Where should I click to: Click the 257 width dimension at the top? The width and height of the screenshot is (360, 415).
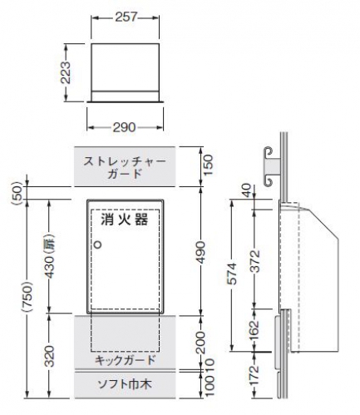click(126, 17)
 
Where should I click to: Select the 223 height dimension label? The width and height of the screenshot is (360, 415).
click(66, 72)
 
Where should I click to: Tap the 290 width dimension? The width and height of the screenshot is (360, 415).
click(125, 127)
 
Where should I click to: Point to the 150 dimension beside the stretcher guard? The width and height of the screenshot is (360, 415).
click(209, 165)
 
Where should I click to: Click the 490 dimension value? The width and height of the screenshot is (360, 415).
click(200, 252)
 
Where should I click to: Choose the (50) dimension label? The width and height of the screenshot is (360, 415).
click(17, 193)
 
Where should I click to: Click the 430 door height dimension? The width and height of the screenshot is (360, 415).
click(49, 257)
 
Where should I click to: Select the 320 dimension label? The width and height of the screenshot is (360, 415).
click(49, 357)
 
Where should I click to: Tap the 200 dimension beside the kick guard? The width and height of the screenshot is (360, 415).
click(200, 343)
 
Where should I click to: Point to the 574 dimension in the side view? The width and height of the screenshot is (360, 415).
click(232, 274)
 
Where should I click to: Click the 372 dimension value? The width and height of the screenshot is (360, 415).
click(255, 261)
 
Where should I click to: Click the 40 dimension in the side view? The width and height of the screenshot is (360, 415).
click(248, 190)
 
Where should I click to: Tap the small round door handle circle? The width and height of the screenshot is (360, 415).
click(98, 245)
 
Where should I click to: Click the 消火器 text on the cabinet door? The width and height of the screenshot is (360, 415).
click(125, 220)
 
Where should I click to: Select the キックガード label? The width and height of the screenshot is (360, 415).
click(125, 360)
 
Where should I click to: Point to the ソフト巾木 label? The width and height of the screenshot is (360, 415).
click(125, 384)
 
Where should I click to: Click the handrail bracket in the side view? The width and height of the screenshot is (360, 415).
click(271, 166)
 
